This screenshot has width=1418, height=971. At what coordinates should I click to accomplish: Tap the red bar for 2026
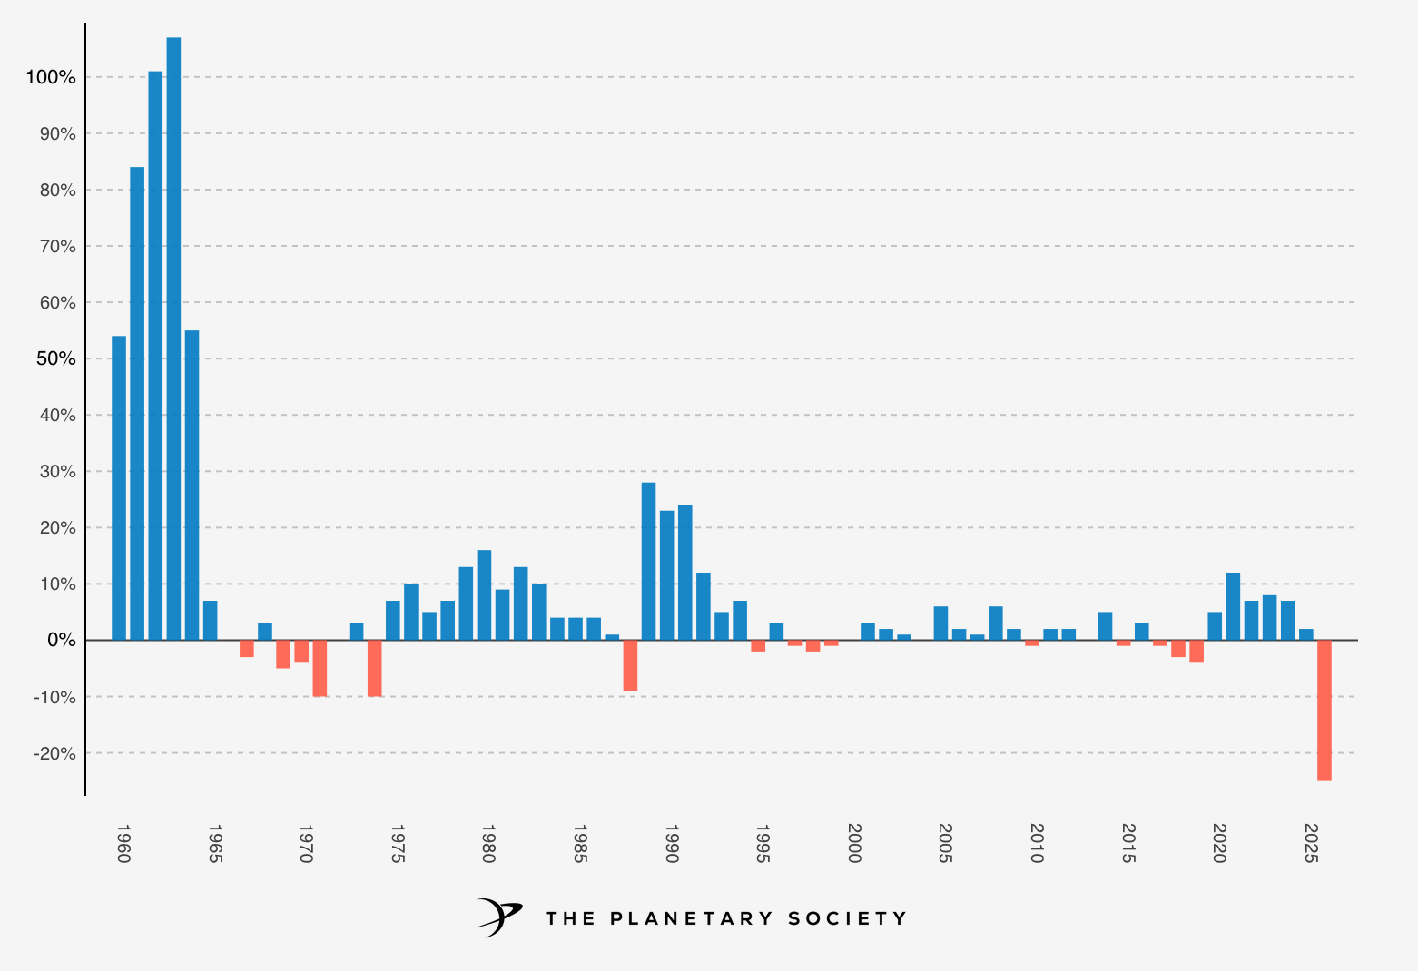tap(1324, 710)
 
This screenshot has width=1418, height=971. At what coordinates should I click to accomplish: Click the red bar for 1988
tap(630, 665)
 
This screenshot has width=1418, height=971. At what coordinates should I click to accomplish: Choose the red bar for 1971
tap(320, 668)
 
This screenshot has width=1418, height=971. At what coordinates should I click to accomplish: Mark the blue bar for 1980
tap(484, 594)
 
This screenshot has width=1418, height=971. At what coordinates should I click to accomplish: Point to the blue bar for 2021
tap(1233, 606)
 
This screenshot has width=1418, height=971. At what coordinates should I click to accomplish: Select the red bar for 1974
tap(375, 668)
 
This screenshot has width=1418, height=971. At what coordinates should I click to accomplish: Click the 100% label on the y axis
tap(51, 78)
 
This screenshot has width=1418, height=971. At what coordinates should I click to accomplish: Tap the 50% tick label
tap(55, 359)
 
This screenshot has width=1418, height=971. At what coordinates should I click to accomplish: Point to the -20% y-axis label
tap(54, 753)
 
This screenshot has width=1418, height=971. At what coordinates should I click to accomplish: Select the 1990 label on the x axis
tap(672, 844)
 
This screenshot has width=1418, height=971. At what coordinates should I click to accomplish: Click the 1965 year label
tap(215, 844)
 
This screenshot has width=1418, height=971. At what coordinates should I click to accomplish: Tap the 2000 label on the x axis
tap(854, 844)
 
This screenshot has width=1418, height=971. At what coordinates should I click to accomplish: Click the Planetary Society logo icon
tap(499, 917)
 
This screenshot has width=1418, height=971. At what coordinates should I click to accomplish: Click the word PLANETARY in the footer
tap(690, 918)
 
